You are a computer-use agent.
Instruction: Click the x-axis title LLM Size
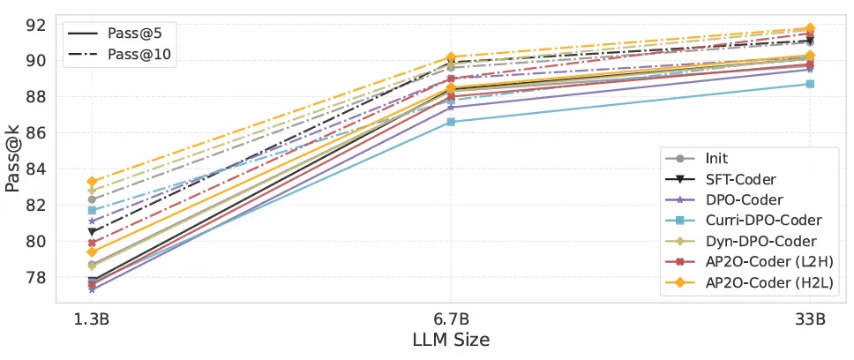coord(451,339)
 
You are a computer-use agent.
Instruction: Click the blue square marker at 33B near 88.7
coord(810,84)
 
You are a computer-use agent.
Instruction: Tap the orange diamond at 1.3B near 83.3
coord(92,182)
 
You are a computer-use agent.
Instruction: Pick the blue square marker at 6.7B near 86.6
coord(451,122)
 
